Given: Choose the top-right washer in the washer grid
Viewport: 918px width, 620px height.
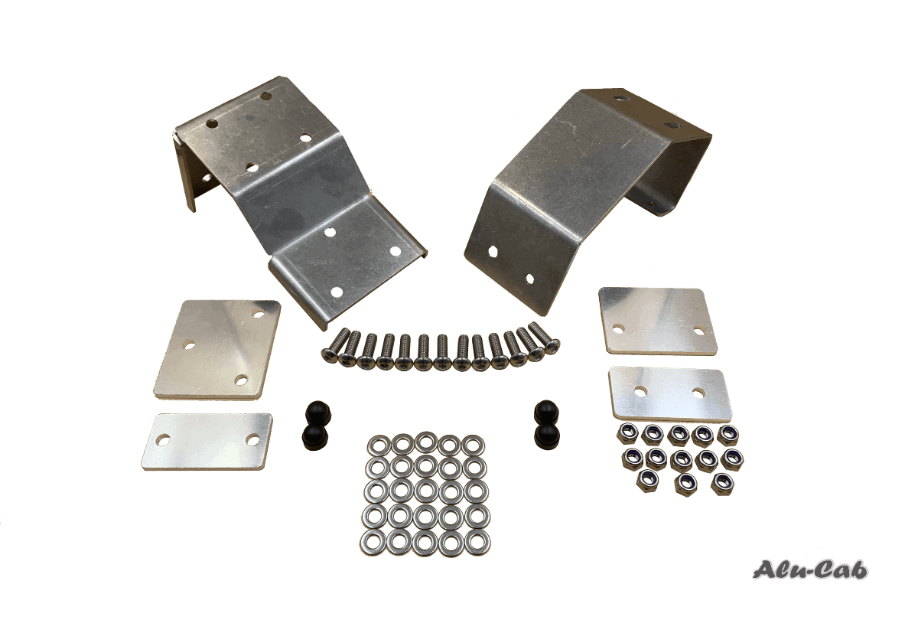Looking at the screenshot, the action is [474, 446].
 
